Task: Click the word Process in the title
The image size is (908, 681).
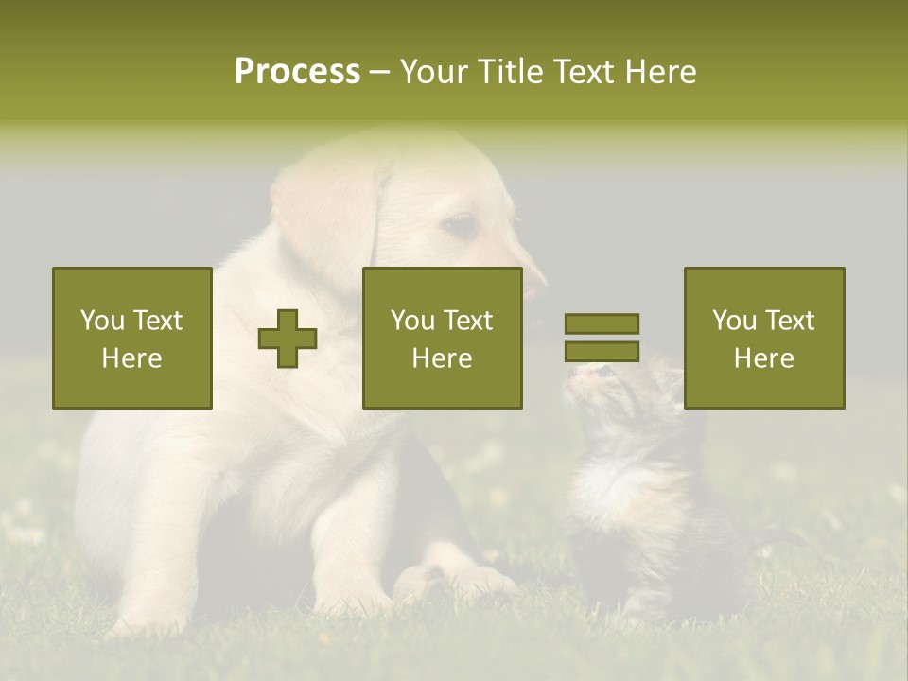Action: pyautogui.click(x=297, y=72)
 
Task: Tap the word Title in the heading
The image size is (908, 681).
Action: pyautogui.click(x=508, y=72)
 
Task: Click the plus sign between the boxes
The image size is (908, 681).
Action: pyautogui.click(x=288, y=339)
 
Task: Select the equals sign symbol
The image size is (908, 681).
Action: pyautogui.click(x=602, y=338)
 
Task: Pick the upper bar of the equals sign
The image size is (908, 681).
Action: pyautogui.click(x=602, y=323)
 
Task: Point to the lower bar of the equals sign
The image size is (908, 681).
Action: pyautogui.click(x=602, y=352)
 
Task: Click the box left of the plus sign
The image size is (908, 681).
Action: pyautogui.click(x=131, y=338)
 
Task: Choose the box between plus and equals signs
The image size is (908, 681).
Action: pyautogui.click(x=442, y=338)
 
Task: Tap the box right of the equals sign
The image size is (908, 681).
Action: pyautogui.click(x=763, y=338)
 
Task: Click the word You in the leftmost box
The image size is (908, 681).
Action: pyautogui.click(x=102, y=321)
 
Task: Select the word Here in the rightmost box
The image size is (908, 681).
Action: pyautogui.click(x=763, y=358)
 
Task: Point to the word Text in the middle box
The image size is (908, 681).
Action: pyautogui.click(x=469, y=321)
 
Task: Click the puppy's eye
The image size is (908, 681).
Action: pyautogui.click(x=461, y=224)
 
